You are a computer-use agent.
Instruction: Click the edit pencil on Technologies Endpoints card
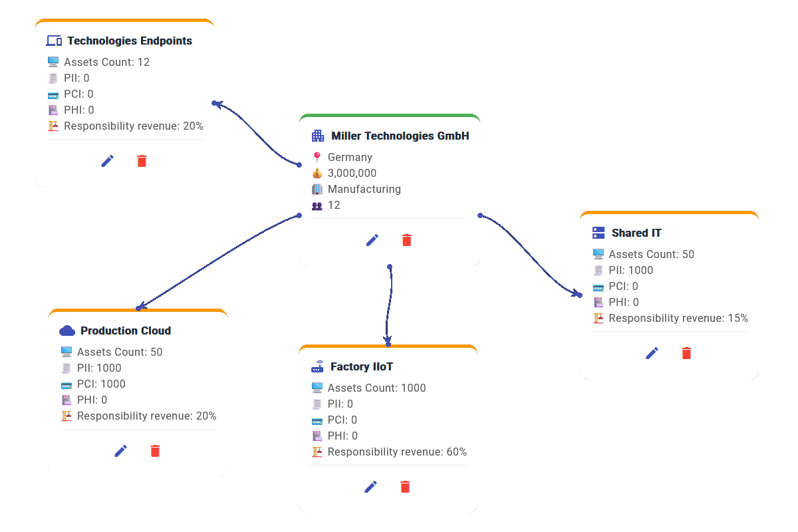coord(108,161)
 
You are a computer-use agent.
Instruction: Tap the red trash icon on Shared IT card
coord(686,353)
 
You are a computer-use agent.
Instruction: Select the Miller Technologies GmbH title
coord(400,136)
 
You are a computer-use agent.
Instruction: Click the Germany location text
coord(350,157)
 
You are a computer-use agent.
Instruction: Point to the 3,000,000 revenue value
coord(352,173)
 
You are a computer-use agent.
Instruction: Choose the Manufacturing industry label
coord(364,189)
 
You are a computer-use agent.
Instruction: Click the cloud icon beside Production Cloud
coord(66,331)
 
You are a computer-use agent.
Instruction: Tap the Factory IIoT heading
coord(361,366)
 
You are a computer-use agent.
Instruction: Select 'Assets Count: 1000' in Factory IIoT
coord(376,388)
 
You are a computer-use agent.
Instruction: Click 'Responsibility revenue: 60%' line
coord(397,452)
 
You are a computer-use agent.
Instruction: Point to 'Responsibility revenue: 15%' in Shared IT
coord(678,318)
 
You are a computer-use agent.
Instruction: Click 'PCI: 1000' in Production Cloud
coord(101,384)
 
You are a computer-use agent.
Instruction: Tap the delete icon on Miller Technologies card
coord(407,240)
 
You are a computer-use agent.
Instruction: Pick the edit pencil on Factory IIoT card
coord(371,487)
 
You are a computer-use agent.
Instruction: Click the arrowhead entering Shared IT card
coord(576,293)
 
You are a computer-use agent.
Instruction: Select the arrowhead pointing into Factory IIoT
coord(388,342)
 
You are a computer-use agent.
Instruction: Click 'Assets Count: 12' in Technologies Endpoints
coord(106,62)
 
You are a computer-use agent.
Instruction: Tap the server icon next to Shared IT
coord(598,233)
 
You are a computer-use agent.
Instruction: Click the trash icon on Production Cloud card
coord(155,451)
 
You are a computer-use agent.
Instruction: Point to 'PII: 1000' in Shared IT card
coord(630,270)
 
